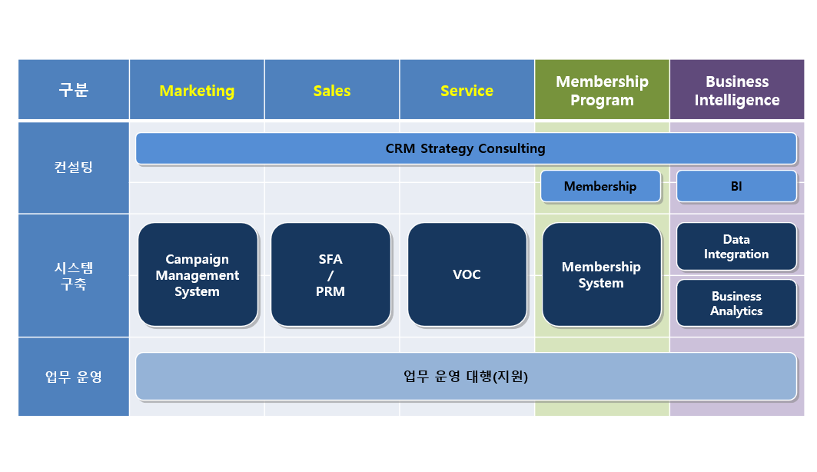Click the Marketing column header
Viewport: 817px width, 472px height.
click(197, 91)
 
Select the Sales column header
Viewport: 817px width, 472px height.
click(332, 91)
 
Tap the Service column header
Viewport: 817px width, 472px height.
click(467, 91)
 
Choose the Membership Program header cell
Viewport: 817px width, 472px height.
click(602, 91)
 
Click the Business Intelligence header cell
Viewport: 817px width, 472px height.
click(736, 91)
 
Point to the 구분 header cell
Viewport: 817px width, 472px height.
click(74, 91)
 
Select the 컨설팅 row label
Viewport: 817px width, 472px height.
click(74, 167)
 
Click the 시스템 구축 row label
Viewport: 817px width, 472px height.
click(74, 275)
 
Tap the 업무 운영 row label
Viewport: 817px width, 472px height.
click(74, 377)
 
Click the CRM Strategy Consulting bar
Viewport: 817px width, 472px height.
click(466, 148)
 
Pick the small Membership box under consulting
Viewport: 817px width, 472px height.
click(600, 186)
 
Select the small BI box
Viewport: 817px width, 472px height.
click(736, 186)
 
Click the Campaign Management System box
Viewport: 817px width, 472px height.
click(198, 275)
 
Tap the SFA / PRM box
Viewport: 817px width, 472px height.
click(330, 275)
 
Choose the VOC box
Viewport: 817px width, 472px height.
click(467, 275)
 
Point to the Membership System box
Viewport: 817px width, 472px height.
click(601, 275)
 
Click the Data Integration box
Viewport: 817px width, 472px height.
click(736, 247)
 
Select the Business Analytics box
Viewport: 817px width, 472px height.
click(736, 303)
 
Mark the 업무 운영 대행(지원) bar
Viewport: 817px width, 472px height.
click(466, 377)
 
